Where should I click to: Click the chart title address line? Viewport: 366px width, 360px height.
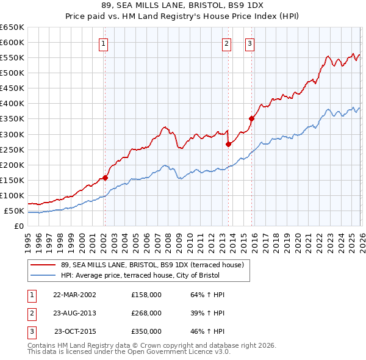pos(182,5)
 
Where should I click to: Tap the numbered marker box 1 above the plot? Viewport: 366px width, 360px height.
pos(104,43)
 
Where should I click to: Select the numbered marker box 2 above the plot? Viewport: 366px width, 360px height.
pos(226,43)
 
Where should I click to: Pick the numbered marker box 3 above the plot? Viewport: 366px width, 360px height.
pos(250,43)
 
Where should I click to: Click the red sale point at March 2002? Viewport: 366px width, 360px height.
pos(105,178)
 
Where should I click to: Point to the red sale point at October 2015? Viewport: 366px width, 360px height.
pos(251,118)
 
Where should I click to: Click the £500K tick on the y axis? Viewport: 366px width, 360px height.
pos(12,73)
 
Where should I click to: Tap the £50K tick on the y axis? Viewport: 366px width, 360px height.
pos(14,211)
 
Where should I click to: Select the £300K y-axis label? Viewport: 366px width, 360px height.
pos(12,134)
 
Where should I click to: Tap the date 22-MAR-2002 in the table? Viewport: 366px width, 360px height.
pos(74,295)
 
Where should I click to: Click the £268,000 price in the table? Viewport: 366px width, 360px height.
pos(146,313)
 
